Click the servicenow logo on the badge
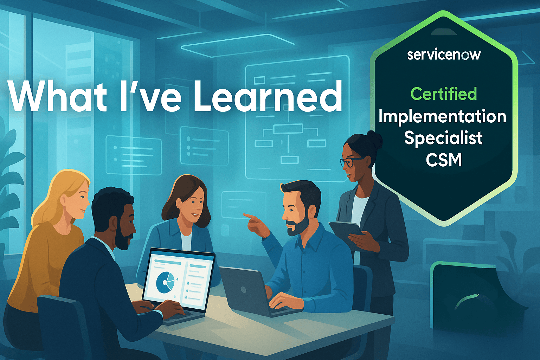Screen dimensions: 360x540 [444, 55]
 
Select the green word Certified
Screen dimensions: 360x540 [444, 94]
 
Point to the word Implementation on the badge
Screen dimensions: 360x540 [442, 117]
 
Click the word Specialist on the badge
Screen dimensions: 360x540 [443, 138]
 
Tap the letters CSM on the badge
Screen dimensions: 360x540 [444, 160]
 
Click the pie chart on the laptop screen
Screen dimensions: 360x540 [166, 282]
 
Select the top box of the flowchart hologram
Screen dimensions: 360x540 [288, 129]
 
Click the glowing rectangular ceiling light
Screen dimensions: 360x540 [238, 45]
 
